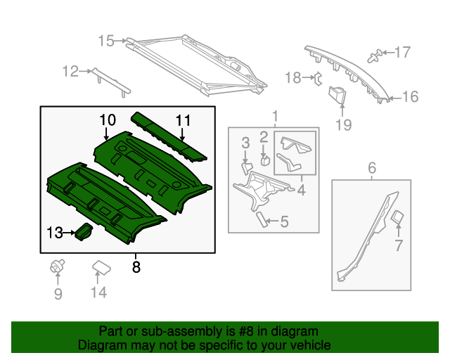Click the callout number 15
105,41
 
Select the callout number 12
70,70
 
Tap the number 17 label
401,51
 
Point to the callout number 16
410,97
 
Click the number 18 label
293,77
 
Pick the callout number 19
342,126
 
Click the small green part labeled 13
84,231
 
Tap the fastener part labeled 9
57,266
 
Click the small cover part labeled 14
101,266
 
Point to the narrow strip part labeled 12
112,80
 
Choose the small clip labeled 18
316,77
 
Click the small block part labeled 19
339,94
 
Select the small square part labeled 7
397,217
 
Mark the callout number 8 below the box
136,267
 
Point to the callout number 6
372,167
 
